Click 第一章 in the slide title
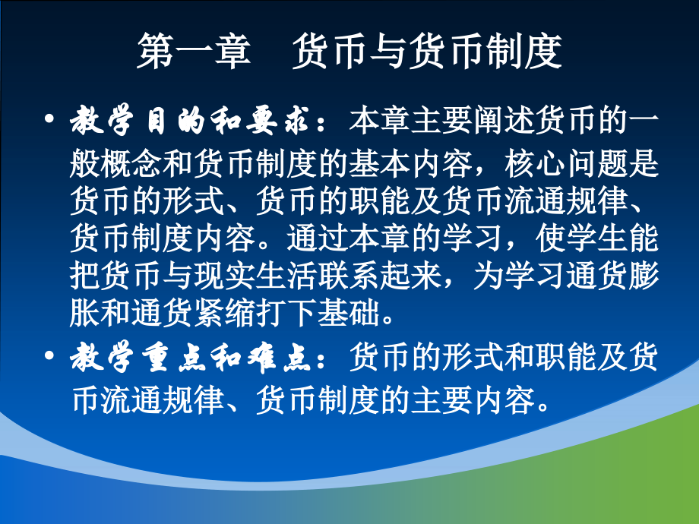(193, 52)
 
